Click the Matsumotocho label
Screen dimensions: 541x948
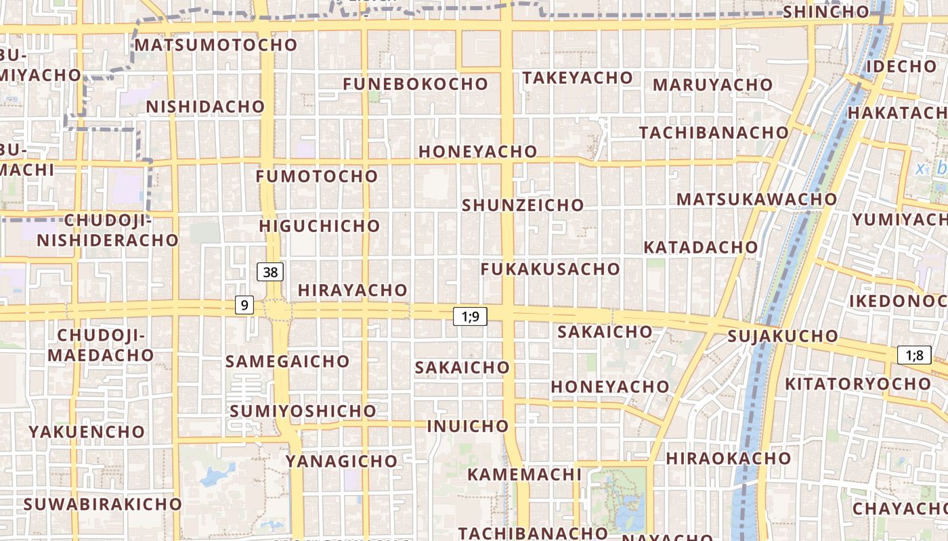[216, 45]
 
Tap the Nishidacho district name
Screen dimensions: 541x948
[205, 107]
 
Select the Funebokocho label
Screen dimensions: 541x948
[415, 85]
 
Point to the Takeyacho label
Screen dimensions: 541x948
[578, 78]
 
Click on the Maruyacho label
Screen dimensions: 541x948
[712, 85]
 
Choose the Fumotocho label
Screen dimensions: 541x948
[317, 177]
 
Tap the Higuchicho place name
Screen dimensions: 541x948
[320, 226]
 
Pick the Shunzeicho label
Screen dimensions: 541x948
[523, 205]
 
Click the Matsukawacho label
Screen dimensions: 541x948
[757, 199]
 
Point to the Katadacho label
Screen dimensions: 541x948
[700, 247]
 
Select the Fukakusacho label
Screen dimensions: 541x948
[551, 269]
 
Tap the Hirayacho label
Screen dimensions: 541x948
[353, 290]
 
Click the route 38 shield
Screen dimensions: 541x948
[270, 272]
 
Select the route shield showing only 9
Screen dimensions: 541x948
[244, 305]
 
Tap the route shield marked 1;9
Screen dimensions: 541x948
[470, 316]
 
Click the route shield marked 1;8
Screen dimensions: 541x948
[915, 354]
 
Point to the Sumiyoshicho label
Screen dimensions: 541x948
[303, 411]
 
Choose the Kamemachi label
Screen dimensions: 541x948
[524, 474]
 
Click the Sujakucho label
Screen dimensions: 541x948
[783, 336]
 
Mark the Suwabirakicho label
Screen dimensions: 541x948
[103, 504]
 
